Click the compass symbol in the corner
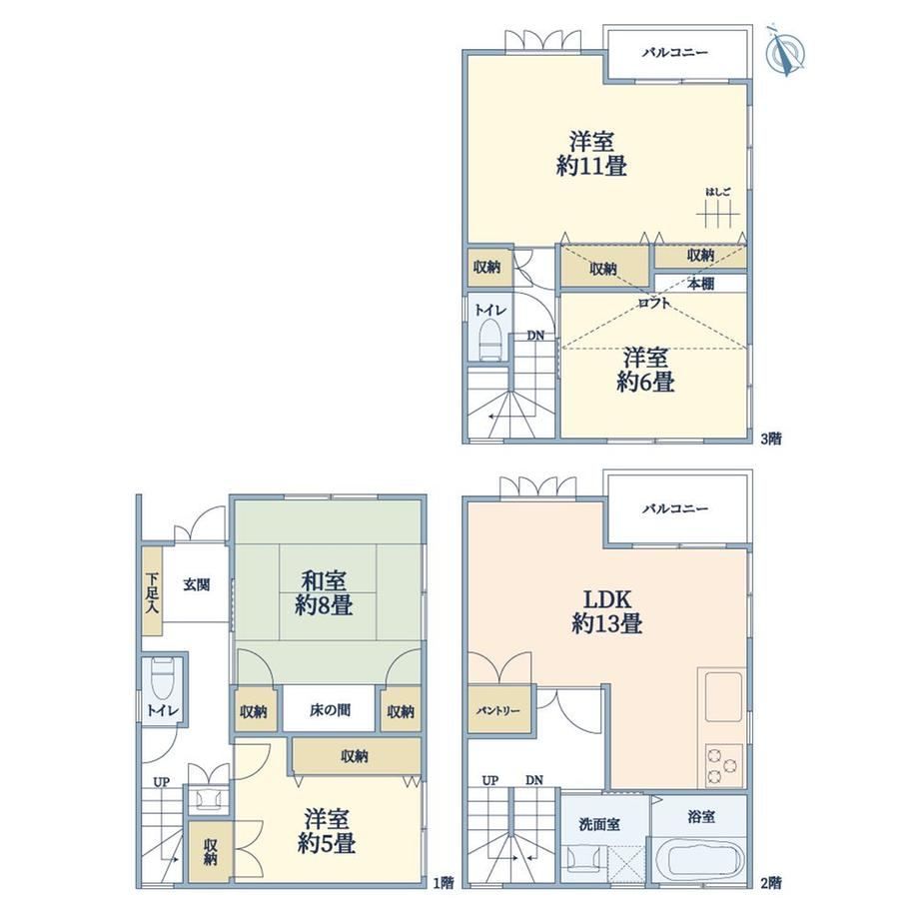(x=785, y=52)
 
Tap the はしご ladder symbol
(x=718, y=215)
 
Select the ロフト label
(x=654, y=303)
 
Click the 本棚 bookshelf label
(x=700, y=284)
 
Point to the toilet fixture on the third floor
(x=490, y=341)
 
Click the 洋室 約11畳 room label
(x=591, y=154)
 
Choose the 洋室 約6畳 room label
(x=645, y=370)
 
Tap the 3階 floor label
(x=771, y=438)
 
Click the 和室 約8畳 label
(x=324, y=593)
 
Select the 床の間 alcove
(x=329, y=710)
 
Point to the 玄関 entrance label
(x=197, y=584)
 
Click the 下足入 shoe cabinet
(x=153, y=592)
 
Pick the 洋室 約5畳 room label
(x=327, y=832)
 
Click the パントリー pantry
(x=498, y=710)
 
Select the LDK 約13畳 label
(x=606, y=611)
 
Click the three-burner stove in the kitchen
(x=723, y=765)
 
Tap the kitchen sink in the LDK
(x=723, y=697)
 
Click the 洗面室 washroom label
(x=599, y=824)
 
